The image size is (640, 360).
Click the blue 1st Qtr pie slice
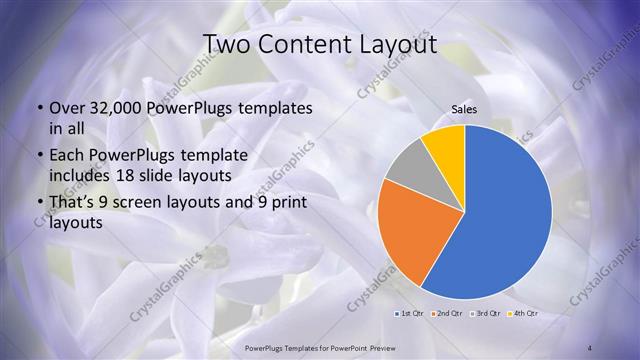point(505,215)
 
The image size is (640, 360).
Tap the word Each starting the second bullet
point(66,156)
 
